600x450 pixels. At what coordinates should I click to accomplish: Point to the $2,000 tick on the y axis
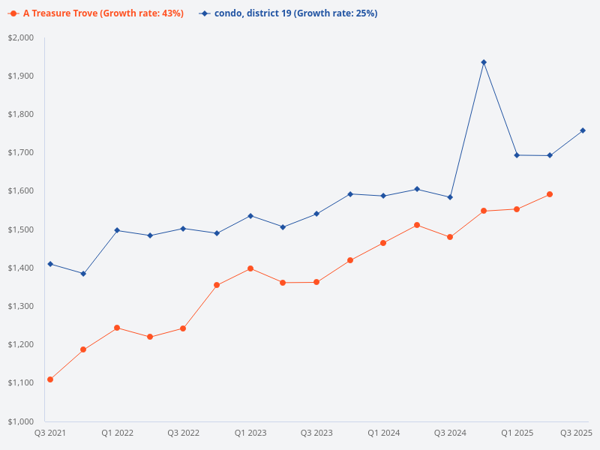[x=22, y=37]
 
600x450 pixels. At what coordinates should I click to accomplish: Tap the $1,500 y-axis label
[x=22, y=229]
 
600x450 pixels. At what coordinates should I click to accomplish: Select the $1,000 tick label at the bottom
[x=22, y=421]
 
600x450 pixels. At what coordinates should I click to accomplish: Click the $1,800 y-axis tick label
[x=22, y=114]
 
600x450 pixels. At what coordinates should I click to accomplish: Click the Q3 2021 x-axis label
[x=50, y=433]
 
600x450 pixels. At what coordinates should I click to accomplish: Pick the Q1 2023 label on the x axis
[x=250, y=433]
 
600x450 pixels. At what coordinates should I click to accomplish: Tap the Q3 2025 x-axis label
[x=577, y=433]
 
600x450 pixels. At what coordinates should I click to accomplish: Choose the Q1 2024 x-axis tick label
[x=383, y=433]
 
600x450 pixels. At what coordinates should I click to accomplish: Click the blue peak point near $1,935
[x=484, y=62]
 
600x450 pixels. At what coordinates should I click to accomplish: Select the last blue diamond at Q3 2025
[x=583, y=130]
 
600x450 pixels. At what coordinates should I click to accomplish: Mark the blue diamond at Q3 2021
[x=50, y=264]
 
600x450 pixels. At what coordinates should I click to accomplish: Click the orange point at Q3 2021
[x=50, y=379]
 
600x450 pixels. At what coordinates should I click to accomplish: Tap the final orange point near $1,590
[x=550, y=194]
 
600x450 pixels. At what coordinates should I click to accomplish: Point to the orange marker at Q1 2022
[x=117, y=328]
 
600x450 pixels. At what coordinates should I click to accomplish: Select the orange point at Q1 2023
[x=250, y=268]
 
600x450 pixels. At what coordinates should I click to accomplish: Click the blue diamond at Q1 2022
[x=117, y=230]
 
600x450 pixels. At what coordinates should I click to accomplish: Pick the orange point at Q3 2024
[x=450, y=237]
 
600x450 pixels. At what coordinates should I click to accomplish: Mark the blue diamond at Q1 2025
[x=517, y=155]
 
